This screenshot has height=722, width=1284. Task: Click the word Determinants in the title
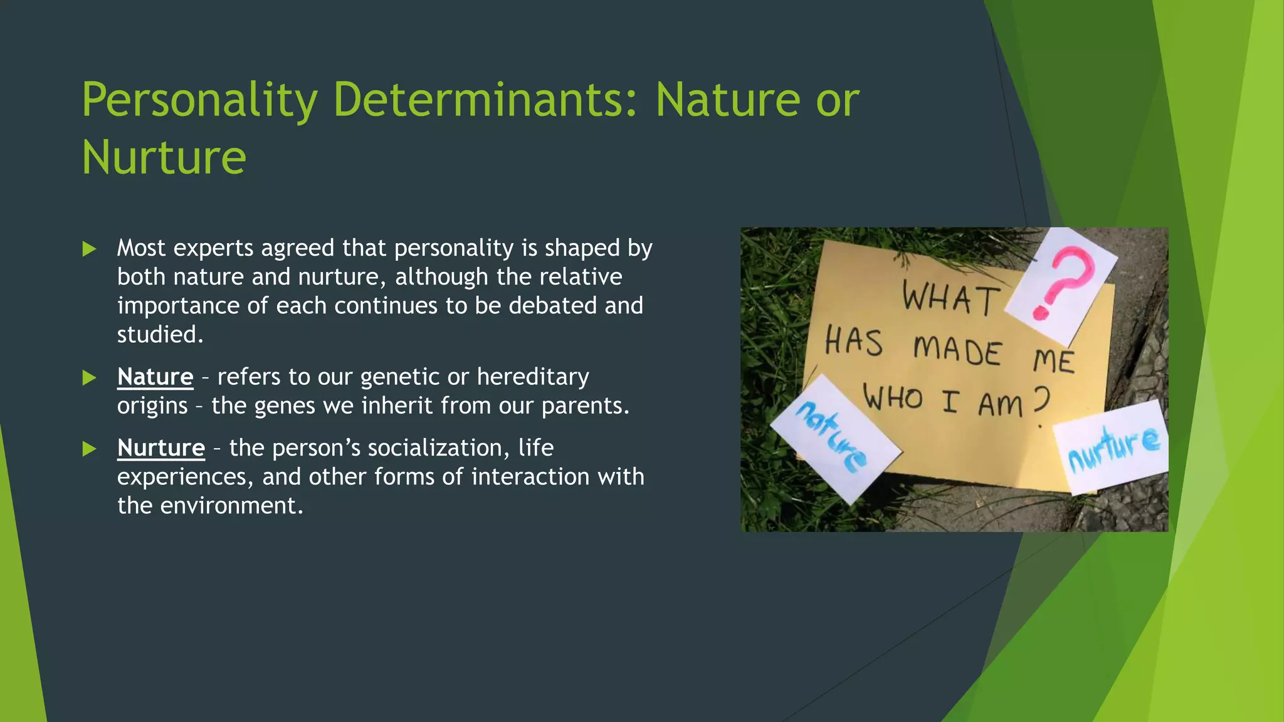[x=485, y=100]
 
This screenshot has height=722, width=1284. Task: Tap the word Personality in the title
[x=199, y=100]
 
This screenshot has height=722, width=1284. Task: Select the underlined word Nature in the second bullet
[x=155, y=377]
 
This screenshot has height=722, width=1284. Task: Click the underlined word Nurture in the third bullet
[x=161, y=448]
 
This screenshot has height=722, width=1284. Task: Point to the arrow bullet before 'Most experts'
[x=89, y=249]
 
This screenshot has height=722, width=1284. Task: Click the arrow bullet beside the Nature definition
[x=89, y=378]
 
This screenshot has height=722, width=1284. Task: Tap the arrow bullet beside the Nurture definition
[x=89, y=449]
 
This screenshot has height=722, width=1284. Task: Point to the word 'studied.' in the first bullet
[x=160, y=335]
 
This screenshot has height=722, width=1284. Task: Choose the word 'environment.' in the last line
[x=231, y=506]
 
